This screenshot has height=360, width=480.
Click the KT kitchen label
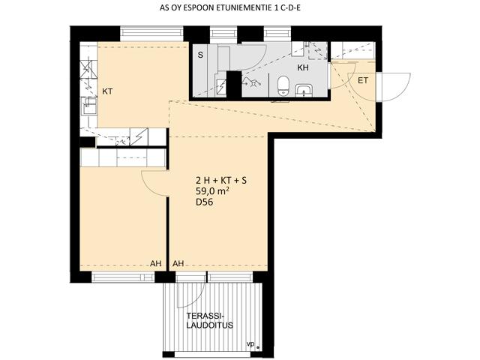pyautogui.click(x=107, y=91)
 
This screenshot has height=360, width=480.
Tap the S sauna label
pyautogui.click(x=200, y=55)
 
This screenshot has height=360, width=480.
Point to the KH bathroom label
pyautogui.click(x=303, y=67)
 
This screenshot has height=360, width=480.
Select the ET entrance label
pyautogui.click(x=363, y=81)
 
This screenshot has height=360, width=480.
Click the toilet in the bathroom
pyautogui.click(x=283, y=85)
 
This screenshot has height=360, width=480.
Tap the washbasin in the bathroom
pyautogui.click(x=304, y=90)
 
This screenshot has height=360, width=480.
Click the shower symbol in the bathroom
pyautogui.click(x=252, y=82)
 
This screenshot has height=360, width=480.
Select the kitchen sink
pyautogui.click(x=89, y=106)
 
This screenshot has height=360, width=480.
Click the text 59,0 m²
pyautogui.click(x=213, y=192)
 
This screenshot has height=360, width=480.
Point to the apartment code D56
pyautogui.click(x=205, y=202)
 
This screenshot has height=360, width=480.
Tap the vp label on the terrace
pyautogui.click(x=250, y=345)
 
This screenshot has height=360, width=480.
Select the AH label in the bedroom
pyautogui.click(x=156, y=263)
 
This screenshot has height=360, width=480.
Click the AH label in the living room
pyautogui.click(x=178, y=263)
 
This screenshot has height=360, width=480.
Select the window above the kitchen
pyautogui.click(x=151, y=34)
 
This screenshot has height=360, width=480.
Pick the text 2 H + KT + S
pyautogui.click(x=221, y=181)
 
